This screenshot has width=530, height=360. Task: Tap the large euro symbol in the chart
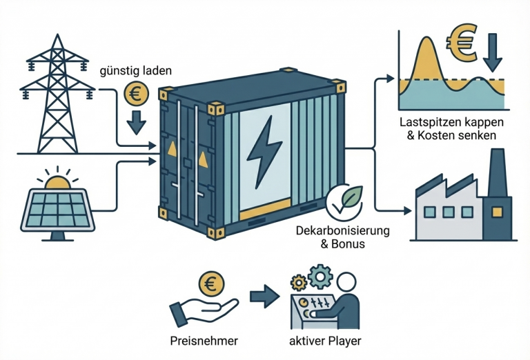(x=462, y=42)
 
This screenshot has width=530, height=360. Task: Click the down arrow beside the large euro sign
(x=493, y=53)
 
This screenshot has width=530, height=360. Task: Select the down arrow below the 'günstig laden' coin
(x=136, y=121)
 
